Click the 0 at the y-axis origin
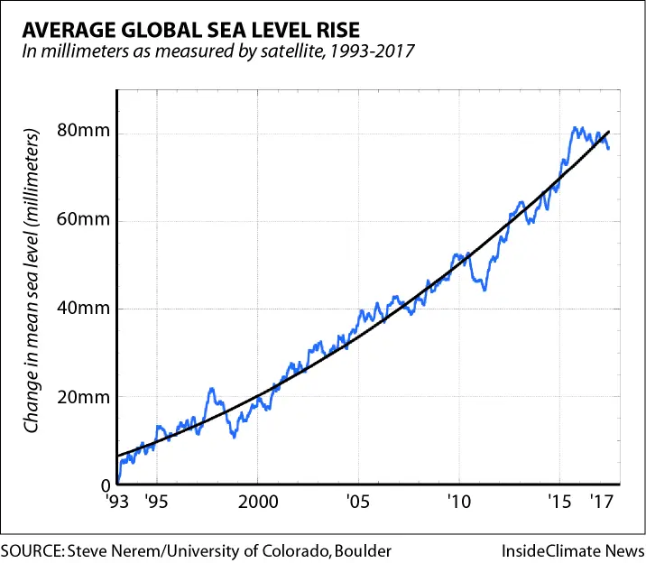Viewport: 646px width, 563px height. coord(106,485)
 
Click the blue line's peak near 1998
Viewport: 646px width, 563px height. coord(212,389)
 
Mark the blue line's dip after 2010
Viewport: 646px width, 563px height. coord(484,290)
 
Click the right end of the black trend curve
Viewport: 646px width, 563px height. coord(610,132)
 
